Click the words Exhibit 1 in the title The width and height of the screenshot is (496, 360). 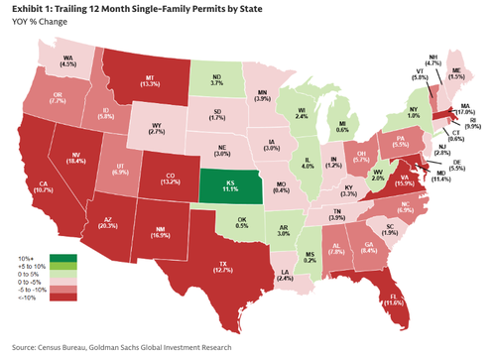30,9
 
